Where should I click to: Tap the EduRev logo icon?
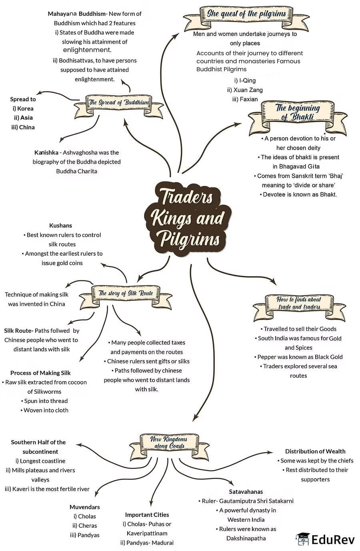[303, 539]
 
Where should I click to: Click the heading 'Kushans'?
[60, 226]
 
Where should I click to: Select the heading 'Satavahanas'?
[246, 491]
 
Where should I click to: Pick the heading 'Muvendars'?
[84, 507]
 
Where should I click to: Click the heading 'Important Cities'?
[147, 515]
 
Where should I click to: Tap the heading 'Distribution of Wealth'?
[315, 451]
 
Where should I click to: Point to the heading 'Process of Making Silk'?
[40, 373]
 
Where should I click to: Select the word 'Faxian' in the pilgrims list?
[249, 99]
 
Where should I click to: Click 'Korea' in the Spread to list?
[25, 108]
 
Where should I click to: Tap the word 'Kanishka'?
[46, 152]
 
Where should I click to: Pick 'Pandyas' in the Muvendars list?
[88, 535]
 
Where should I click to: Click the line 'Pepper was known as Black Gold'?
[300, 357]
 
